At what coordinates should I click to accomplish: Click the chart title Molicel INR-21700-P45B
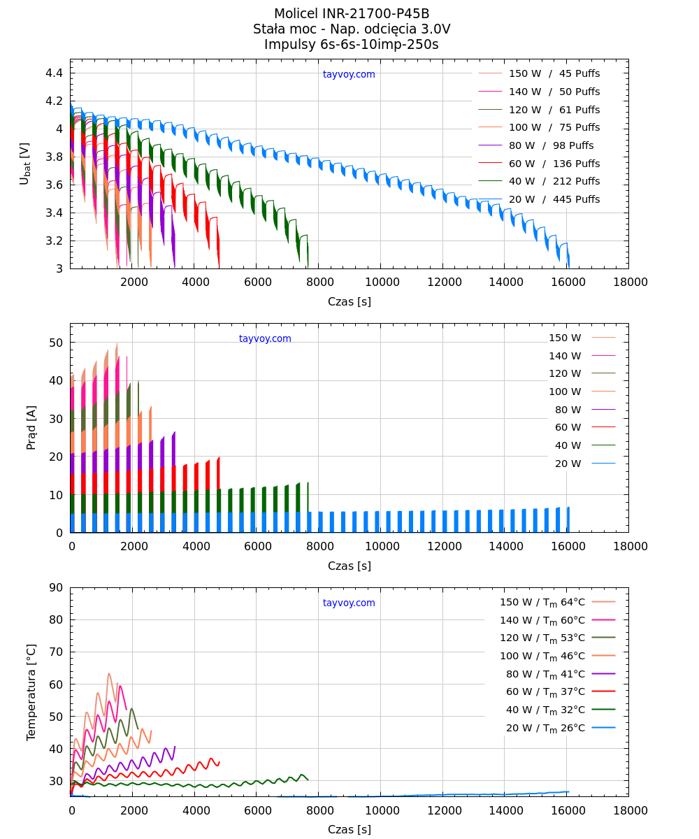[352, 14]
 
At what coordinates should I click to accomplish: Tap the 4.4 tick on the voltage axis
[55, 73]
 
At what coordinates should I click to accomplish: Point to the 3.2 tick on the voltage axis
[55, 241]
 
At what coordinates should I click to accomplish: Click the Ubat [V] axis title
[25, 164]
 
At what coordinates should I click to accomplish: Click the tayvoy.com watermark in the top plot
[349, 75]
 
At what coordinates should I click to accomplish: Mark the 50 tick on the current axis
[56, 343]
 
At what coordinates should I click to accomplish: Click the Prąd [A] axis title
[31, 427]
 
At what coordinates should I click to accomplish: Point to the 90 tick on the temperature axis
[56, 588]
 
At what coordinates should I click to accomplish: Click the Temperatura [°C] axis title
[31, 692]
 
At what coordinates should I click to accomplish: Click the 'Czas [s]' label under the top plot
[349, 302]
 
